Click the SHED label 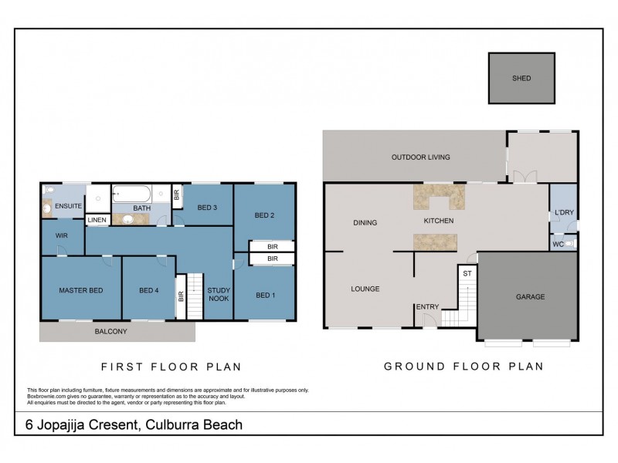tap(521, 79)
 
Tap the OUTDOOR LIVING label tap(420, 157)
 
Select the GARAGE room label tap(530, 296)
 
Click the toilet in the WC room tap(569, 244)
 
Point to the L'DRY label tap(563, 212)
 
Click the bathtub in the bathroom tap(132, 194)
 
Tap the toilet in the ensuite tap(49, 190)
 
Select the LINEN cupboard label tap(97, 220)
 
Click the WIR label tap(62, 236)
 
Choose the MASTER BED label tap(80, 290)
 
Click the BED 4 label tap(148, 290)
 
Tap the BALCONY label tap(112, 331)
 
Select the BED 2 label tap(264, 215)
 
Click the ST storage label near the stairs tap(467, 273)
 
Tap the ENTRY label tap(427, 307)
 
